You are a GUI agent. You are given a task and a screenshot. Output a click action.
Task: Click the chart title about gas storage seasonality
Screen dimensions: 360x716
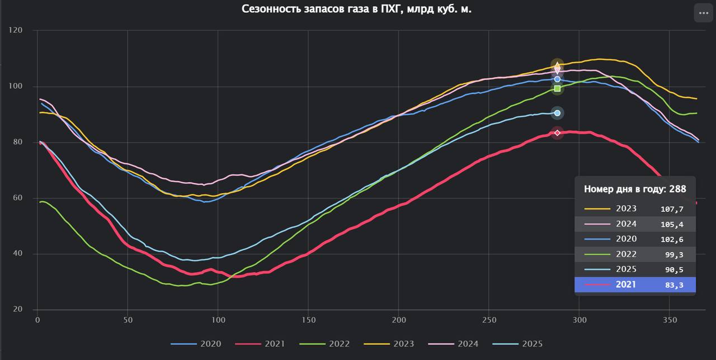click(x=356, y=9)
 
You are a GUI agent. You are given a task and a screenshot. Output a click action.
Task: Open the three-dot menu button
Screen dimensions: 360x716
click(x=703, y=12)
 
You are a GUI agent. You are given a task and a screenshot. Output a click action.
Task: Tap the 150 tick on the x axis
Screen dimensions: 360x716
click(x=308, y=320)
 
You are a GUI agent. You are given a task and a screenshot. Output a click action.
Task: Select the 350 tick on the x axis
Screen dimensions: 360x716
click(x=670, y=320)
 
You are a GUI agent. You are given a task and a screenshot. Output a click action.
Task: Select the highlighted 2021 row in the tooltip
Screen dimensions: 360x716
click(x=635, y=285)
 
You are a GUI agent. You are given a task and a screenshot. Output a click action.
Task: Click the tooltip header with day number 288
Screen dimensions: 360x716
click(x=635, y=189)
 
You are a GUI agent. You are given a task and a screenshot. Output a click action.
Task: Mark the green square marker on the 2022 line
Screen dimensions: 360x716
click(x=557, y=88)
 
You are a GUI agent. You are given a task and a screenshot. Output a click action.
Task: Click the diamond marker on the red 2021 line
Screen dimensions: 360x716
click(x=557, y=132)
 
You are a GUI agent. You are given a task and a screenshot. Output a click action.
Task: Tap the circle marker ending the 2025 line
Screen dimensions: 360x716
click(x=557, y=113)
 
